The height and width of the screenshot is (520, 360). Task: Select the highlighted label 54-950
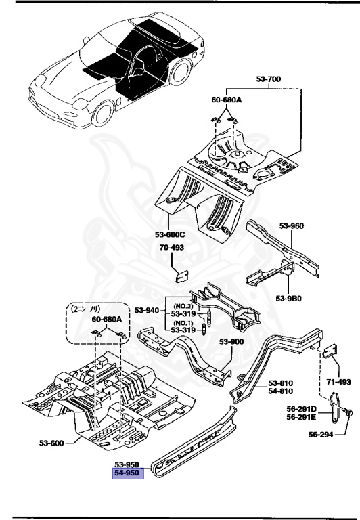click(127, 474)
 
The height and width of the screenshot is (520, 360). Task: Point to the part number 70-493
click(172, 248)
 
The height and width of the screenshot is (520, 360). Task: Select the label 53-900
click(231, 342)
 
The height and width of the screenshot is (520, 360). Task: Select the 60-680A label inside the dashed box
click(106, 318)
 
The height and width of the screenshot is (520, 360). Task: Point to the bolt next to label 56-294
click(347, 409)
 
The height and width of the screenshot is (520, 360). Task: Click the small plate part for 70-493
click(181, 274)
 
